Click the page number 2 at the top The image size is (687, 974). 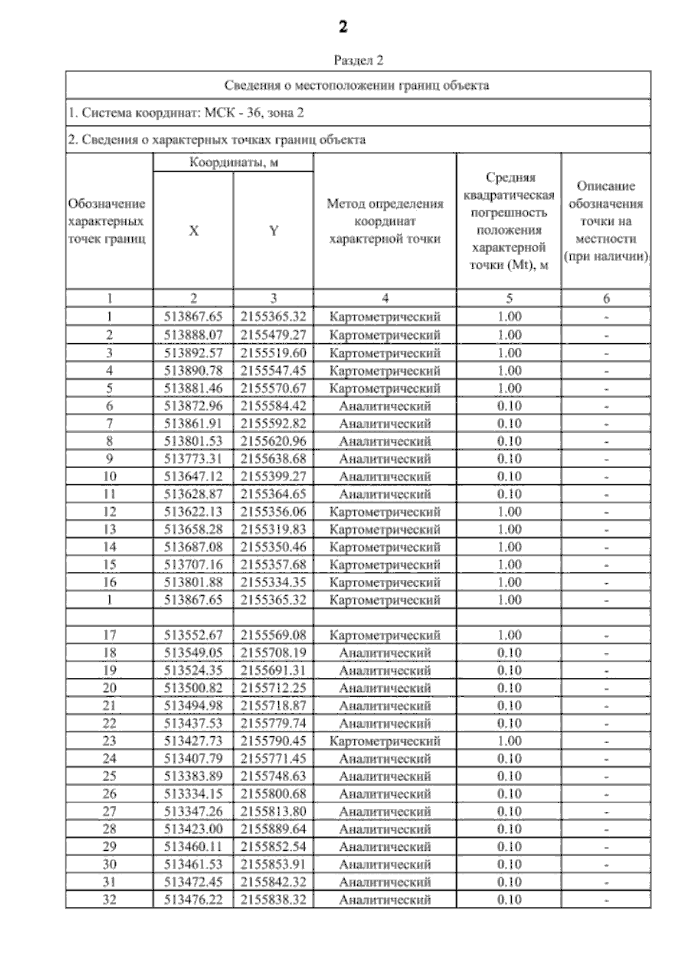[342, 27]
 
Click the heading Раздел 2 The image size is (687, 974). [358, 60]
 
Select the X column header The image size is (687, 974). [194, 231]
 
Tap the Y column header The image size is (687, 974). [274, 231]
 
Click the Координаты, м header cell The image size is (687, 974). [234, 163]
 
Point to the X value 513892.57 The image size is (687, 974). [193, 353]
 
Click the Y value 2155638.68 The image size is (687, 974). [273, 459]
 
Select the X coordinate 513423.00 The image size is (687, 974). [193, 829]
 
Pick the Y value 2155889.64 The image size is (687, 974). [273, 829]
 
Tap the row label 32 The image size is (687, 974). [109, 900]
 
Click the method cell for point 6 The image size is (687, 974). [385, 406]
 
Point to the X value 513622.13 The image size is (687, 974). [193, 512]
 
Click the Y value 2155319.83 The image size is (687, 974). [273, 529]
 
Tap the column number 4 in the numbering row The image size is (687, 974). [385, 298]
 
